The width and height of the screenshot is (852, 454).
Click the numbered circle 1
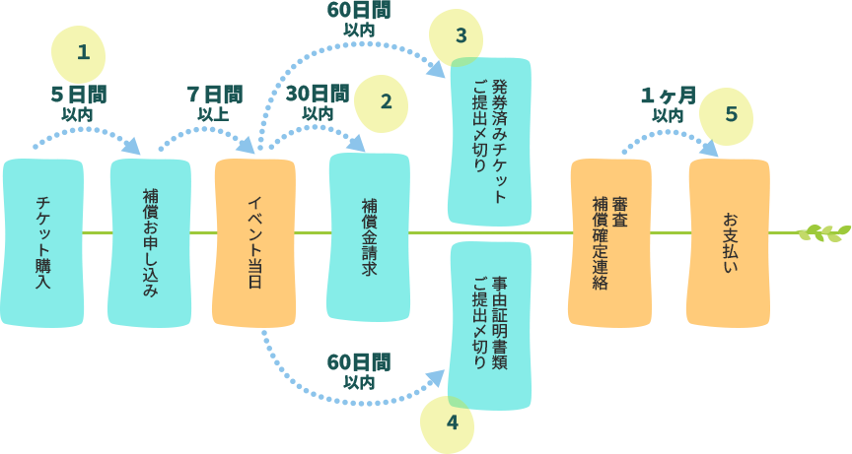[x=83, y=52]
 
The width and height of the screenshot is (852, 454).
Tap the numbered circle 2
[x=386, y=101]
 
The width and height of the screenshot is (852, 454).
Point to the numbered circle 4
[x=453, y=422]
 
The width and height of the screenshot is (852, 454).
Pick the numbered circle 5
[x=731, y=114]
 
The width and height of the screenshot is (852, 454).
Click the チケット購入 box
[x=42, y=242]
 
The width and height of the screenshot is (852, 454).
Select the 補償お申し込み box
[x=150, y=242]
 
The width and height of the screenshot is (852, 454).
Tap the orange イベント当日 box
[x=254, y=242]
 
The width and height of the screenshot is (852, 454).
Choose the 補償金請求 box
[x=369, y=236]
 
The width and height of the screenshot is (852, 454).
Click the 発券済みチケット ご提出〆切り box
[x=490, y=141]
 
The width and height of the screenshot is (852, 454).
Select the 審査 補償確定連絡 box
[x=610, y=242]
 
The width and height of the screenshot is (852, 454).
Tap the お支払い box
[x=730, y=242]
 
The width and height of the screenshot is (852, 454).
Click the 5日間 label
[x=78, y=96]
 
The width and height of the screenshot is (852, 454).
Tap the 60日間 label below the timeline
[x=358, y=361]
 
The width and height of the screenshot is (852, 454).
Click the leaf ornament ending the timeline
[x=823, y=232]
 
